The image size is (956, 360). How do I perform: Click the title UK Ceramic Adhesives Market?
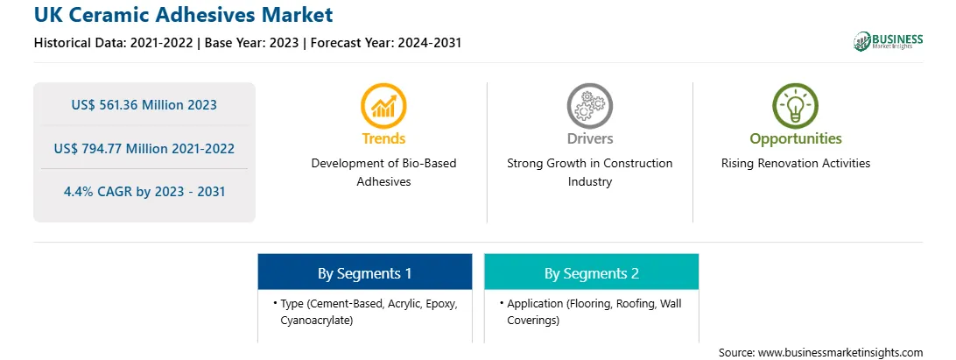[184, 15]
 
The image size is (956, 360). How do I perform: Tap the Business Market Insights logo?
[888, 41]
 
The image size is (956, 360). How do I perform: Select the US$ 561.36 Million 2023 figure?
[144, 105]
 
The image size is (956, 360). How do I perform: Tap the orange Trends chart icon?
[383, 106]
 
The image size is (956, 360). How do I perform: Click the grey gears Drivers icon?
[589, 106]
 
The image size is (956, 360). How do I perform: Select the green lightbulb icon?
[796, 106]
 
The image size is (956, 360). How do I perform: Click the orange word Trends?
[383, 138]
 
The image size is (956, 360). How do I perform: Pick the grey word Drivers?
[589, 138]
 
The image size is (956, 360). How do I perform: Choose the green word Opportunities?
[796, 139]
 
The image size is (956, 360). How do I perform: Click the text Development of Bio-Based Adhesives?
[383, 172]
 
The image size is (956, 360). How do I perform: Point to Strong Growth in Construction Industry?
[589, 172]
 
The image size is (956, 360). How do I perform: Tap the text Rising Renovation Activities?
[796, 164]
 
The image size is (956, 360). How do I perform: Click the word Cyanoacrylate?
[316, 321]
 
